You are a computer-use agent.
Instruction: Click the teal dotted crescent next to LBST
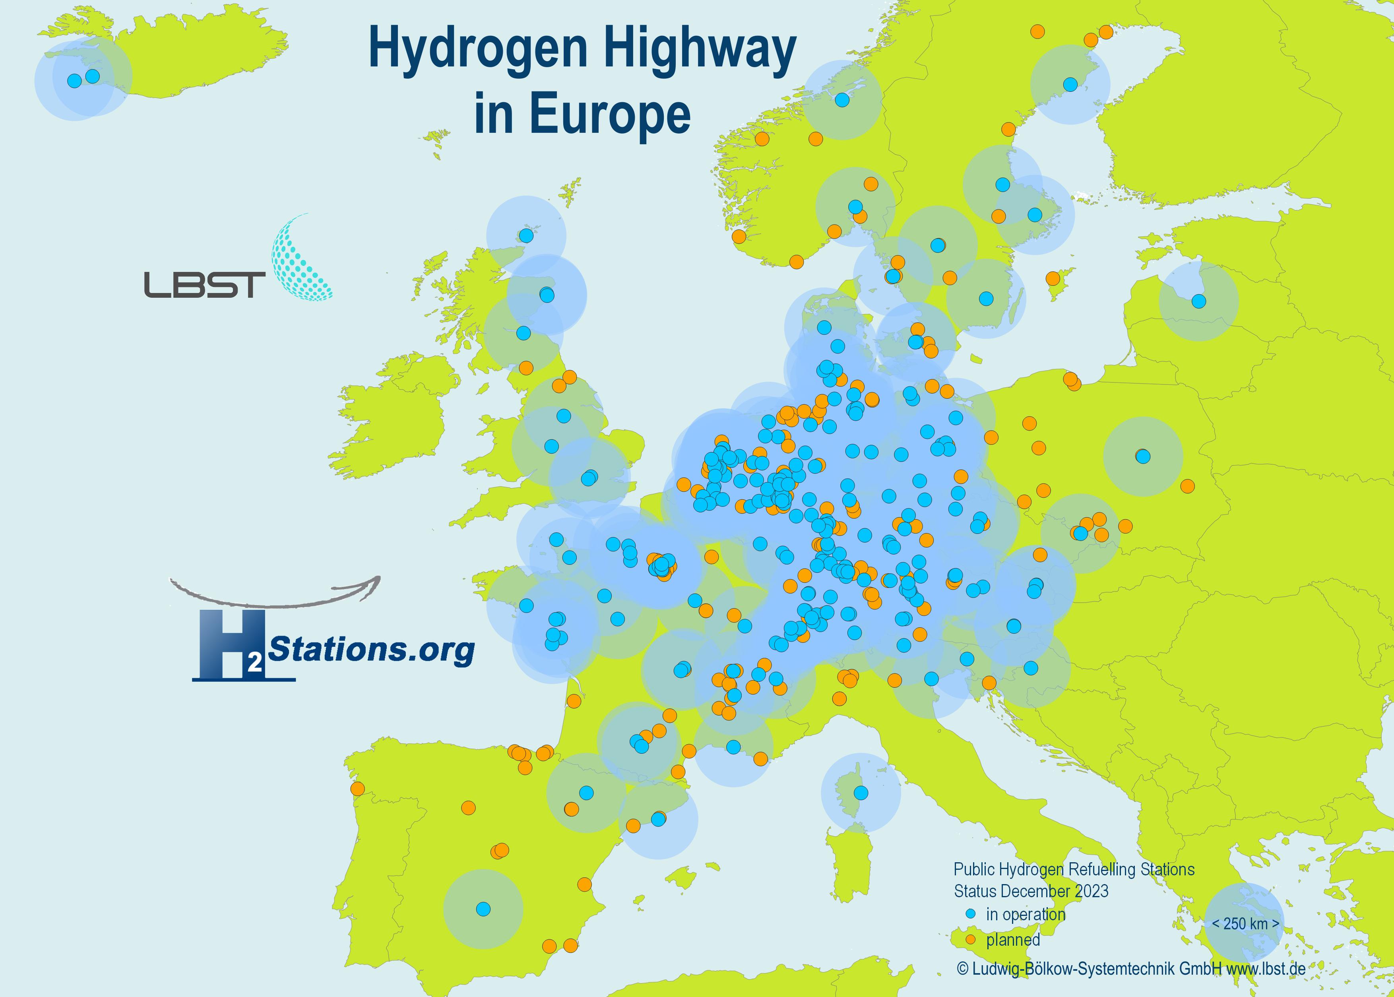pyautogui.click(x=301, y=261)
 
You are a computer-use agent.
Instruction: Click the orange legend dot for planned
pyautogui.click(x=970, y=940)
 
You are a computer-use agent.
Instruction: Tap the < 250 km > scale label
pyautogui.click(x=1245, y=923)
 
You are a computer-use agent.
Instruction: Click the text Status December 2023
pyautogui.click(x=1031, y=891)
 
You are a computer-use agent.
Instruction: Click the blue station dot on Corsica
pyautogui.click(x=861, y=793)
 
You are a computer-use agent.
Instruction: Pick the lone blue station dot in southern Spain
pyautogui.click(x=483, y=909)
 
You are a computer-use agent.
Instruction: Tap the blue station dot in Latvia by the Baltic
pyautogui.click(x=1198, y=301)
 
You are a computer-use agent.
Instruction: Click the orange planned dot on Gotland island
pyautogui.click(x=1053, y=279)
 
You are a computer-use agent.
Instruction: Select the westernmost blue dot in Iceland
pyautogui.click(x=74, y=80)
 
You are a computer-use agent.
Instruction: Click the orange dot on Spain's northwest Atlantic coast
pyautogui.click(x=357, y=788)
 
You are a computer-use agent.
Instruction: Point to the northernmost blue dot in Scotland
pyautogui.click(x=526, y=236)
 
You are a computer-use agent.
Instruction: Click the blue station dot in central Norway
pyautogui.click(x=842, y=99)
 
